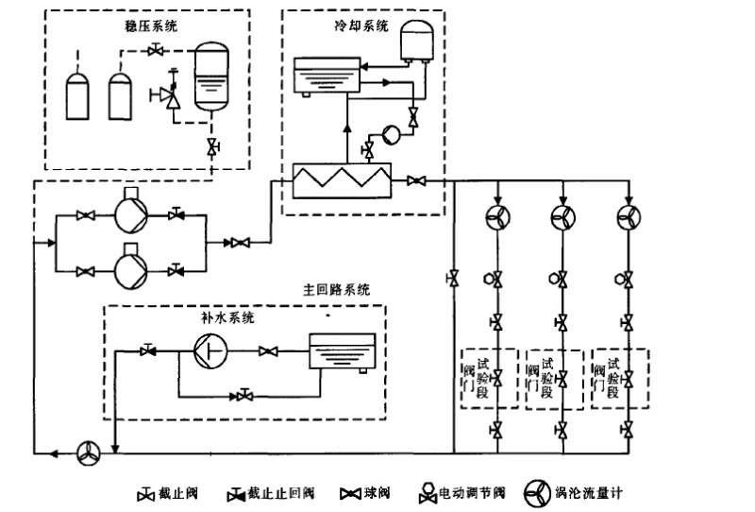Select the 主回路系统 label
click(337, 289)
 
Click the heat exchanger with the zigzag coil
click(342, 179)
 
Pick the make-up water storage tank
click(343, 356)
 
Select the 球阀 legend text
click(377, 493)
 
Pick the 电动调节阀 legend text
click(473, 493)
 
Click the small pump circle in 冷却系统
click(390, 134)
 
